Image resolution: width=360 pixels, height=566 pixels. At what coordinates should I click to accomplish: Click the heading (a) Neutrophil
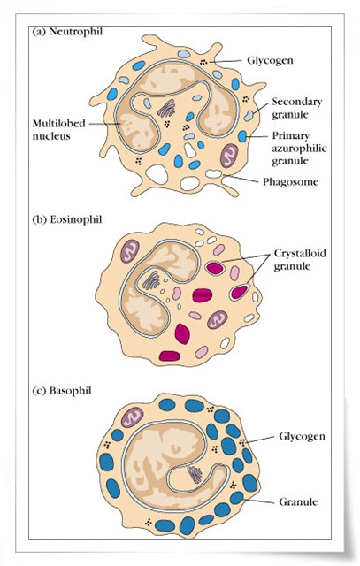pos(67,32)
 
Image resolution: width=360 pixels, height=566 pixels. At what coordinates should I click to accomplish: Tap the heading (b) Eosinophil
pos(67,219)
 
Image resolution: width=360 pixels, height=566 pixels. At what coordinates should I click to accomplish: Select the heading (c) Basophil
pos(62,391)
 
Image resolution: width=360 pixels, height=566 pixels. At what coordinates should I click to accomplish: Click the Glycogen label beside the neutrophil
pos(270,60)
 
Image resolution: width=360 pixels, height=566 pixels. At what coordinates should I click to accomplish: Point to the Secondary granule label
pos(297,108)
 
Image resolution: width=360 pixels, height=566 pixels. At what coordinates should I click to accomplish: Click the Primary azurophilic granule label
pos(299,149)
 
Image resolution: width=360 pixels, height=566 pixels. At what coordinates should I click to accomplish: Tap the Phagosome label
pos(290,181)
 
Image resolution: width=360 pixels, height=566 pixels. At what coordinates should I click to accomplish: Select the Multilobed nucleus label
pos(59,130)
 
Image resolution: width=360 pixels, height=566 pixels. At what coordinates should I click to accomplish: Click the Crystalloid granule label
pos(300,259)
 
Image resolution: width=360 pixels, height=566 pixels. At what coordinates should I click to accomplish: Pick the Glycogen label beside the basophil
pos(302,436)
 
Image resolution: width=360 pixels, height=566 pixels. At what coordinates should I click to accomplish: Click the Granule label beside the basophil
pos(298,501)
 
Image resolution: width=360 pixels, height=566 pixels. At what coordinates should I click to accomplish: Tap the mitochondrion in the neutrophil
pos(229,156)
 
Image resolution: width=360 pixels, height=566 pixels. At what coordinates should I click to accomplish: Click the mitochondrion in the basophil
pos(133,418)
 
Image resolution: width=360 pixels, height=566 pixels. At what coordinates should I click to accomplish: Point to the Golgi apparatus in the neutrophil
pos(166,108)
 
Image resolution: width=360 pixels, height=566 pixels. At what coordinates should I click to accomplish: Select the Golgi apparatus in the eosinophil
pos(151,280)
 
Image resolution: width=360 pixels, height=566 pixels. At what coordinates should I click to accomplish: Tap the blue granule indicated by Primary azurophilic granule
pos(242,136)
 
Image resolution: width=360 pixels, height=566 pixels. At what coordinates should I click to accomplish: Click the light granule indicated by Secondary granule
pos(249,116)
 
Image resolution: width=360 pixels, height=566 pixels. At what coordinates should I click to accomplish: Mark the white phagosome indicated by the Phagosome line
pos(213,173)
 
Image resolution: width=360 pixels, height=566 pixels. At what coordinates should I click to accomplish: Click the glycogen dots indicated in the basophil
pos(242,442)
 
